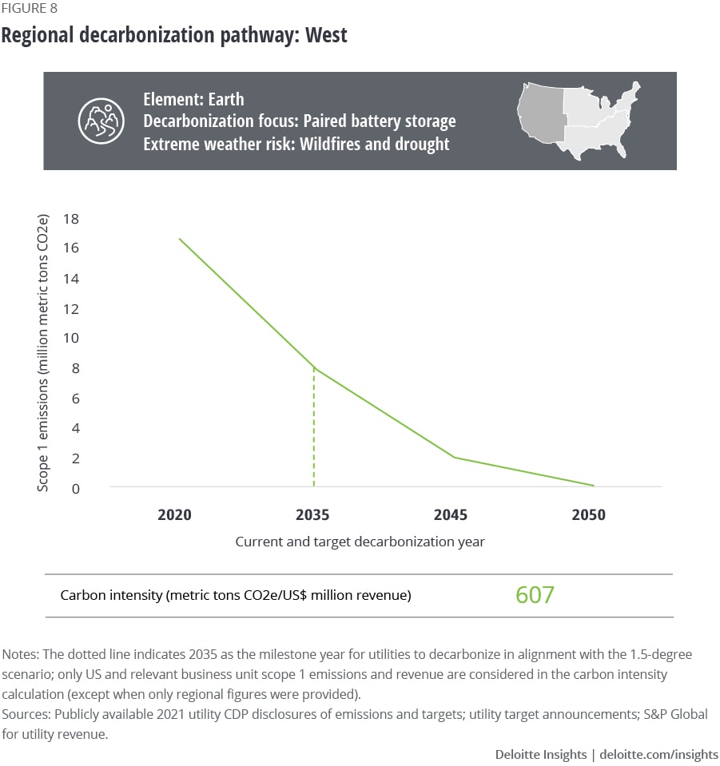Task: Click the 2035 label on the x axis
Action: click(313, 514)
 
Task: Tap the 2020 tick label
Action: click(174, 514)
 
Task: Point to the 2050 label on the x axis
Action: click(588, 514)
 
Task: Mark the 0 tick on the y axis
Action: click(75, 488)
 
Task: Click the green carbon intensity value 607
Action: click(535, 595)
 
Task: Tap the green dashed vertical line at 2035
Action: click(313, 431)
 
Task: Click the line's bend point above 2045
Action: click(454, 457)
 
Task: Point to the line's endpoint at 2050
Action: click(594, 485)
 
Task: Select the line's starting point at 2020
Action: click(178, 238)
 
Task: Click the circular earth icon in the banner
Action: click(101, 121)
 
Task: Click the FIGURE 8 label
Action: click(29, 9)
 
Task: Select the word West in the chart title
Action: click(326, 35)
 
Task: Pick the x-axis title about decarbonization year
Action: click(360, 542)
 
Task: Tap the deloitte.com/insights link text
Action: click(658, 754)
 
